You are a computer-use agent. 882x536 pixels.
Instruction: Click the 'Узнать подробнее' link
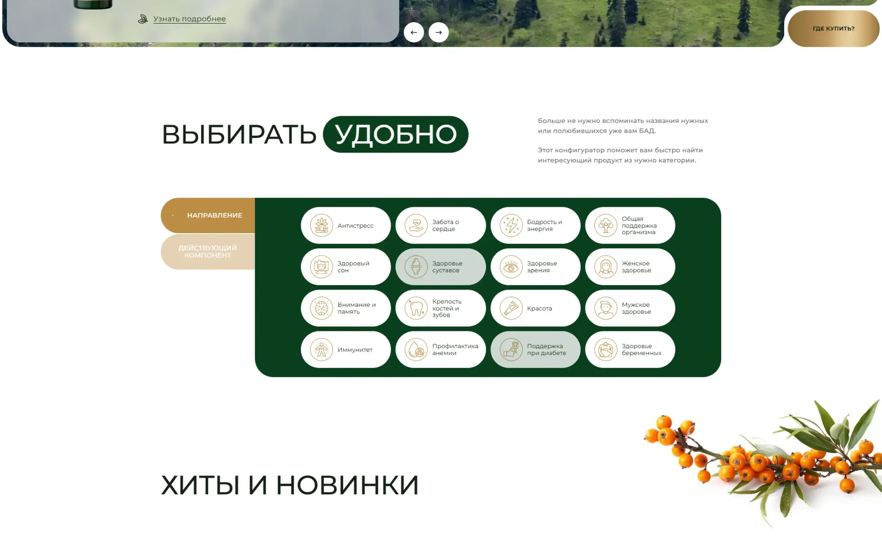(x=189, y=19)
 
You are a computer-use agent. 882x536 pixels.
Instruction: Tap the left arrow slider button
(x=414, y=32)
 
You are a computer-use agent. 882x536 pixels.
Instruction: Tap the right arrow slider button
(x=438, y=32)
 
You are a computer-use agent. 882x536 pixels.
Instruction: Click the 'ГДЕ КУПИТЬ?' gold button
(x=833, y=28)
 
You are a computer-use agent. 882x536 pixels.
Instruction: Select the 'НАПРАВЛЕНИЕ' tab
(x=214, y=215)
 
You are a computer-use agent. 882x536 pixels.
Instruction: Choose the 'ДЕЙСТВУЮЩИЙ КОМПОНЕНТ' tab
(x=207, y=252)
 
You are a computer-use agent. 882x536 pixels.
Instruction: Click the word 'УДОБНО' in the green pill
(x=396, y=134)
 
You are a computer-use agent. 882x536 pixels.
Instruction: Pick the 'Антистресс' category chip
(x=346, y=225)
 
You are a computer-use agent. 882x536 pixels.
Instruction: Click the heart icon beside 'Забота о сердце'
(x=416, y=225)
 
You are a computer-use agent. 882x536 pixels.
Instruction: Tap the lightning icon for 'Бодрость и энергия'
(x=511, y=225)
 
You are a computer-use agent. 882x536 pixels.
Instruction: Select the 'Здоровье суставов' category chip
(x=440, y=267)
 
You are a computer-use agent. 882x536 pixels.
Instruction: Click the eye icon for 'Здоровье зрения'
(x=511, y=267)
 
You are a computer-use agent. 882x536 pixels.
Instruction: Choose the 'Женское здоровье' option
(x=630, y=267)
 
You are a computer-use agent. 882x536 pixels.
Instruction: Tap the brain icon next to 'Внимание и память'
(x=321, y=308)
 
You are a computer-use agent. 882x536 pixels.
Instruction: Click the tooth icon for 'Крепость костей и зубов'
(x=416, y=308)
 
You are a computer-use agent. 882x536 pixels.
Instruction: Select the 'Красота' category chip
(x=535, y=308)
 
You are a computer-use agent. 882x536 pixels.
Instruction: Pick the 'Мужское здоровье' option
(x=630, y=308)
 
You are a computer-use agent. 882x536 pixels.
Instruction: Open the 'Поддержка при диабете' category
(x=535, y=350)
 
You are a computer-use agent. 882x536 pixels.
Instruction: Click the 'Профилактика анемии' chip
(x=440, y=350)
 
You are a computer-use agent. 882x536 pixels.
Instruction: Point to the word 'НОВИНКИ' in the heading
(x=347, y=485)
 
